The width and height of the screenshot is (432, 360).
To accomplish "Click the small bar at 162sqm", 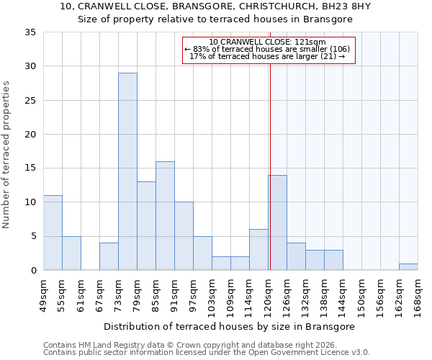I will (x=408, y=266).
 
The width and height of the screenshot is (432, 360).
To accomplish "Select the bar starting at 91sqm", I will (x=184, y=236).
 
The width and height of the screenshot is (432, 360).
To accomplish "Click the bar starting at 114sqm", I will (x=258, y=249).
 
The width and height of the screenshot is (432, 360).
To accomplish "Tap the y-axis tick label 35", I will (x=30, y=32).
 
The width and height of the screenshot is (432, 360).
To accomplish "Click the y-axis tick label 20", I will (x=30, y=135).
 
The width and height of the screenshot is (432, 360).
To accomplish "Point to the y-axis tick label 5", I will (x=32, y=236).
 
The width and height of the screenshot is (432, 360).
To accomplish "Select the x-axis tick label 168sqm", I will (x=418, y=295).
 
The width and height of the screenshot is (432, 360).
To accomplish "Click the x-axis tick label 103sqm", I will (x=212, y=295).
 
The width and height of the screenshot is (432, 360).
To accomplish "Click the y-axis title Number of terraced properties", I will (x=7, y=155).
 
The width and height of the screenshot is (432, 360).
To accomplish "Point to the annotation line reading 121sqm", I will (x=267, y=42).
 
